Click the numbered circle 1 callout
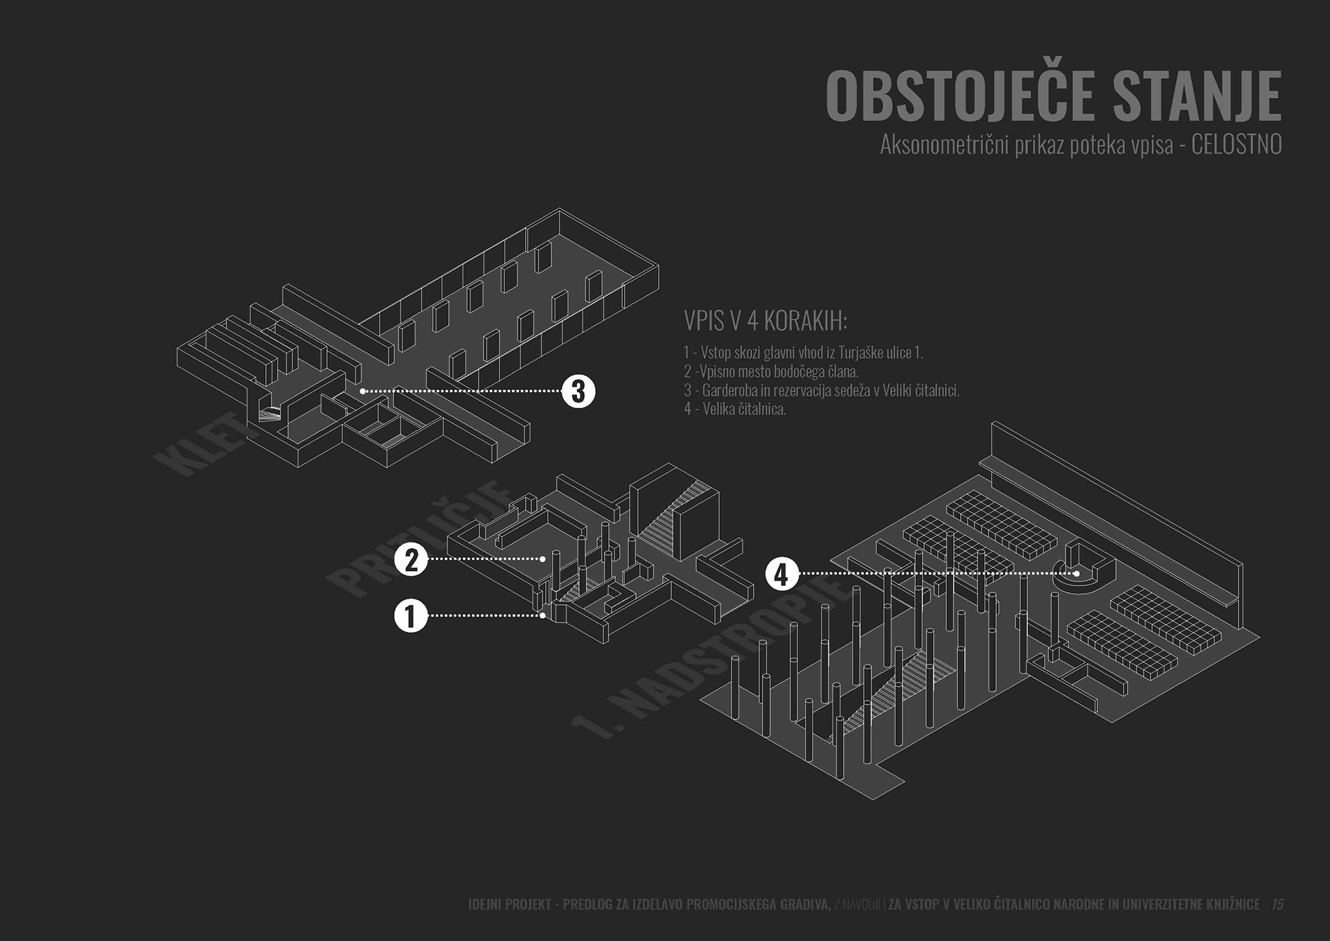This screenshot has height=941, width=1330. pos(411,615)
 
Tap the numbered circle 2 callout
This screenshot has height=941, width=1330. pos(411,559)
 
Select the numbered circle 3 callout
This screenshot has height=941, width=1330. pos(578,392)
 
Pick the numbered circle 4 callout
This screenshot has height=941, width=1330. pos(781,574)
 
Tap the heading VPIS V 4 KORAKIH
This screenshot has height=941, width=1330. pos(765,321)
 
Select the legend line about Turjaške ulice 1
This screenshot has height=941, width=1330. pos(804,353)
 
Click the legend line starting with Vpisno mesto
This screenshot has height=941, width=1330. pos(771,371)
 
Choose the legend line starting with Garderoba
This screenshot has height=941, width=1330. pos(822,390)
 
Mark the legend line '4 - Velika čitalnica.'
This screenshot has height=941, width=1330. pos(735,409)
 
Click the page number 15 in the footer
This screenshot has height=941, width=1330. pos(1277,904)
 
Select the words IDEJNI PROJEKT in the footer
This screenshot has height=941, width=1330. pos(510,904)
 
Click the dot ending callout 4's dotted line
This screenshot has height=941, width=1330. pos(1076,574)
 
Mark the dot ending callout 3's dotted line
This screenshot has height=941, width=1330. pos(362,392)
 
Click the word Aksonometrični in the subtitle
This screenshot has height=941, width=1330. pos(943,145)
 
